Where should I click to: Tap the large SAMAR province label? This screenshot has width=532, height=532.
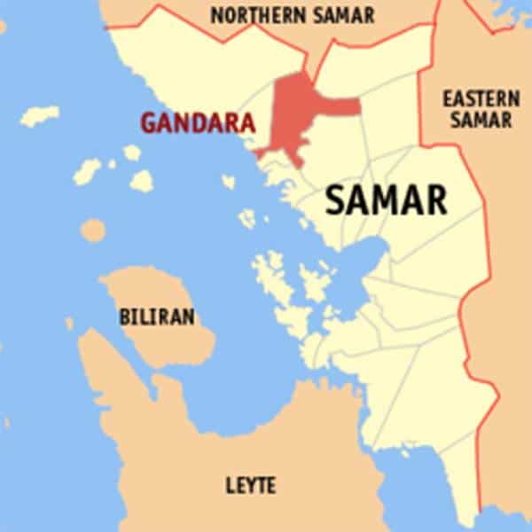pos(386,200)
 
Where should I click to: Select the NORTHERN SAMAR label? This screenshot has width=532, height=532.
pos(293,15)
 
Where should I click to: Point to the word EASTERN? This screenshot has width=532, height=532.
pos(480,98)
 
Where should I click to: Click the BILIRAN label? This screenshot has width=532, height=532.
pos(157,317)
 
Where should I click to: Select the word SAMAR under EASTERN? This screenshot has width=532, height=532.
pos(480,120)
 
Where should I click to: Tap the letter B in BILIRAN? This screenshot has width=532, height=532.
pos(125,317)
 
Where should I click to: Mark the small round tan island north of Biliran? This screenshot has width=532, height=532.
pos(93,231)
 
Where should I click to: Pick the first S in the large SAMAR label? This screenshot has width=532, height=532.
pos(335,200)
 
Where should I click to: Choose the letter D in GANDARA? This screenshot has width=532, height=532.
pos(197,123)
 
